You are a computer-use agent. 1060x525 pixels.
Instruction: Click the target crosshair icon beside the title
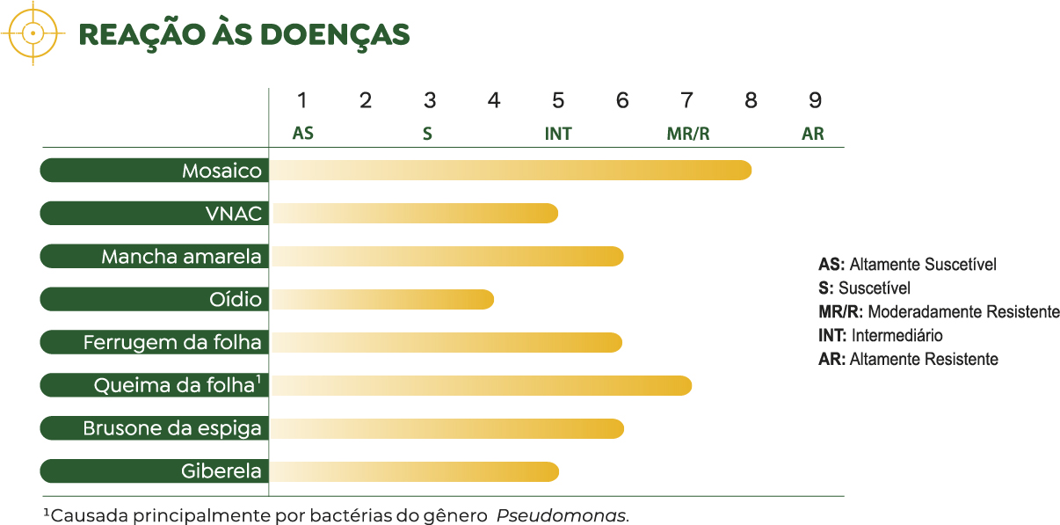[33, 33]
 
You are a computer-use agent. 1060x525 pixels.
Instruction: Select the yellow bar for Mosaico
[510, 170]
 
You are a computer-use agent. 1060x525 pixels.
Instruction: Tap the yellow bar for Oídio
[381, 299]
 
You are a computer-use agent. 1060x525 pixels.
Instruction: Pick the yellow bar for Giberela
[414, 471]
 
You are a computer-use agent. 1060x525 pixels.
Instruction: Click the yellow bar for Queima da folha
[480, 385]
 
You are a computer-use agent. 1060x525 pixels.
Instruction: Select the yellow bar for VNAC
[414, 213]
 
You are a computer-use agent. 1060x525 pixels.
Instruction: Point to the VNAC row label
[233, 213]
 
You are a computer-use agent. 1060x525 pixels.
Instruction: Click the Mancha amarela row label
[181, 256]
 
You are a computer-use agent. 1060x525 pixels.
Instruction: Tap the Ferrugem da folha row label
[172, 342]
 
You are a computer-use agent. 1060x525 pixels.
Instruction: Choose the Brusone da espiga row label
[172, 428]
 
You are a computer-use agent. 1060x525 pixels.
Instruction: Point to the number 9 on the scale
[815, 100]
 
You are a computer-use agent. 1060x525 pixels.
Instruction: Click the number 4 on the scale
[494, 100]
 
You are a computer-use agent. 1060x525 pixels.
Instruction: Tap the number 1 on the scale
[301, 100]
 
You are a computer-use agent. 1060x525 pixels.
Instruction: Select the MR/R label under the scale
[687, 135]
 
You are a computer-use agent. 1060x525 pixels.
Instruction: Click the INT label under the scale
[558, 135]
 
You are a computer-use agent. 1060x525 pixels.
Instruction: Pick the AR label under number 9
[813, 135]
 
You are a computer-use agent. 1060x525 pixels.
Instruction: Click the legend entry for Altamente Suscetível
[907, 264]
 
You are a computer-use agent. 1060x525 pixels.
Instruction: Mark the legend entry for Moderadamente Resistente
[939, 311]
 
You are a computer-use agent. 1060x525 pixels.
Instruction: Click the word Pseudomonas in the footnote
[562, 514]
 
